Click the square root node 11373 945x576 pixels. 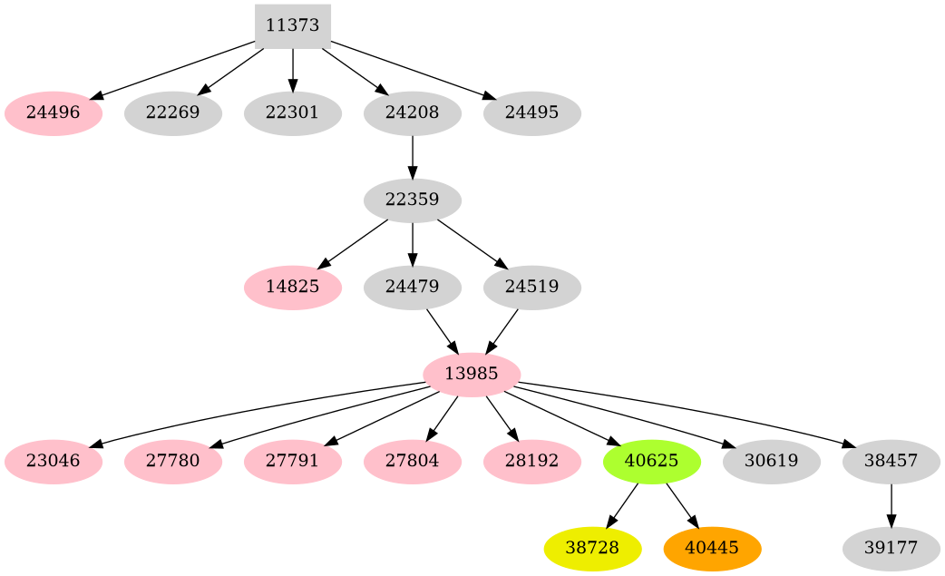pyautogui.click(x=292, y=25)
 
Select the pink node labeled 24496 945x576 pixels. pyautogui.click(x=53, y=113)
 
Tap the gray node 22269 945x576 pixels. pyautogui.click(x=172, y=113)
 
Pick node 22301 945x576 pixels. pyautogui.click(x=292, y=113)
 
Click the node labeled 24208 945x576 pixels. pyautogui.click(x=412, y=113)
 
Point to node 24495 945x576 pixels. pyautogui.click(x=531, y=113)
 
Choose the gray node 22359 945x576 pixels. pyautogui.click(x=412, y=200)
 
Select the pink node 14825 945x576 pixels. pyautogui.click(x=292, y=287)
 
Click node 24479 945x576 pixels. pyautogui.click(x=412, y=287)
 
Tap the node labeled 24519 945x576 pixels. pyautogui.click(x=531, y=287)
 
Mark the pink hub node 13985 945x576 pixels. pyautogui.click(x=472, y=374)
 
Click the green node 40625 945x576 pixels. pyautogui.click(x=651, y=461)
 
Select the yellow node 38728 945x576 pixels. pyautogui.click(x=592, y=548)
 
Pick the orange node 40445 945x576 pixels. pyautogui.click(x=712, y=548)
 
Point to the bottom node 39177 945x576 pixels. pyautogui.click(x=891, y=548)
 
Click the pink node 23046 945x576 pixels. pyautogui.click(x=53, y=461)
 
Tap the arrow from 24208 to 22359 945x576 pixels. pyautogui.click(x=412, y=156)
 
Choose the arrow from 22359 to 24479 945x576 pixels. pyautogui.click(x=412, y=243)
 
